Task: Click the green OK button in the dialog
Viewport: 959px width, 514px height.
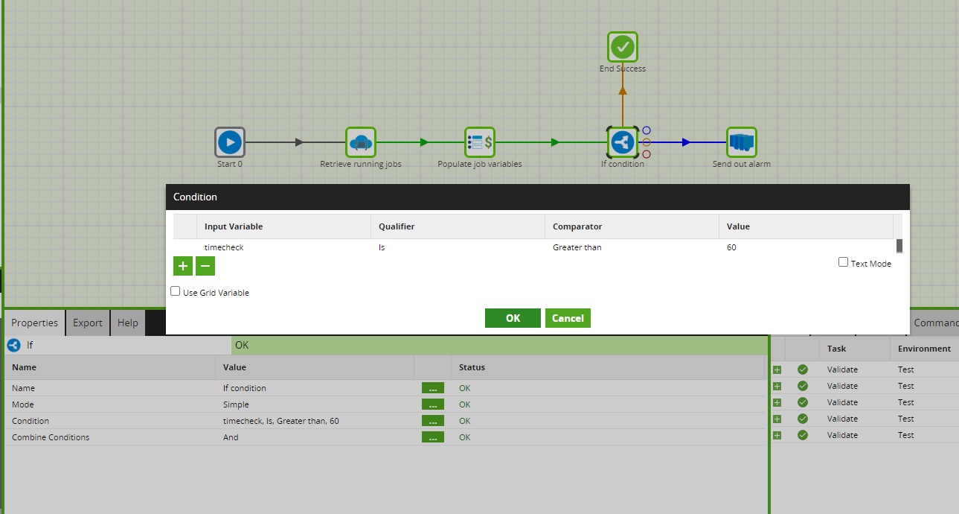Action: pos(513,318)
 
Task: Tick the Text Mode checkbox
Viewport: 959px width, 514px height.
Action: pos(843,262)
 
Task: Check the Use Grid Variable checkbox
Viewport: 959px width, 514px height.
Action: pos(176,291)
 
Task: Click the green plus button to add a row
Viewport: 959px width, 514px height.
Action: pos(183,266)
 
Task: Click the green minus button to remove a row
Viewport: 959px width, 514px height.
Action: pos(205,266)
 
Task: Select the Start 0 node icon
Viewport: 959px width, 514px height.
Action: pos(230,142)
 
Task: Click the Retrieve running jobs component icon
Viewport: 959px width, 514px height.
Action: pos(361,142)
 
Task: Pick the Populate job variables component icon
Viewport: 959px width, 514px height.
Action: pos(480,142)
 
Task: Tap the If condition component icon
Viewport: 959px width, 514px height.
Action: pos(623,142)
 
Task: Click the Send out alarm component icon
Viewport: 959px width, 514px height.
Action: pos(742,142)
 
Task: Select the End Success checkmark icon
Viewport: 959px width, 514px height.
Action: pos(623,48)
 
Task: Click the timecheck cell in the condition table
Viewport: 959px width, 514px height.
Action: pos(224,247)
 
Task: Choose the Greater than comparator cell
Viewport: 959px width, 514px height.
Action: pos(577,247)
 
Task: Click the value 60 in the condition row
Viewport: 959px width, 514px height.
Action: pos(731,247)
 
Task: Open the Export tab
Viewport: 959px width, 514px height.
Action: pos(87,323)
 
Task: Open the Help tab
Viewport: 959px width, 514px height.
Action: pos(128,323)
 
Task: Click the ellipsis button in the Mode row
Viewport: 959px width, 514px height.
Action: pos(432,404)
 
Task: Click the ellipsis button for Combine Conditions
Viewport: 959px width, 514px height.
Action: pos(432,437)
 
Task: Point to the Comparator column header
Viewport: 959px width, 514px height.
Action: pos(577,226)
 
